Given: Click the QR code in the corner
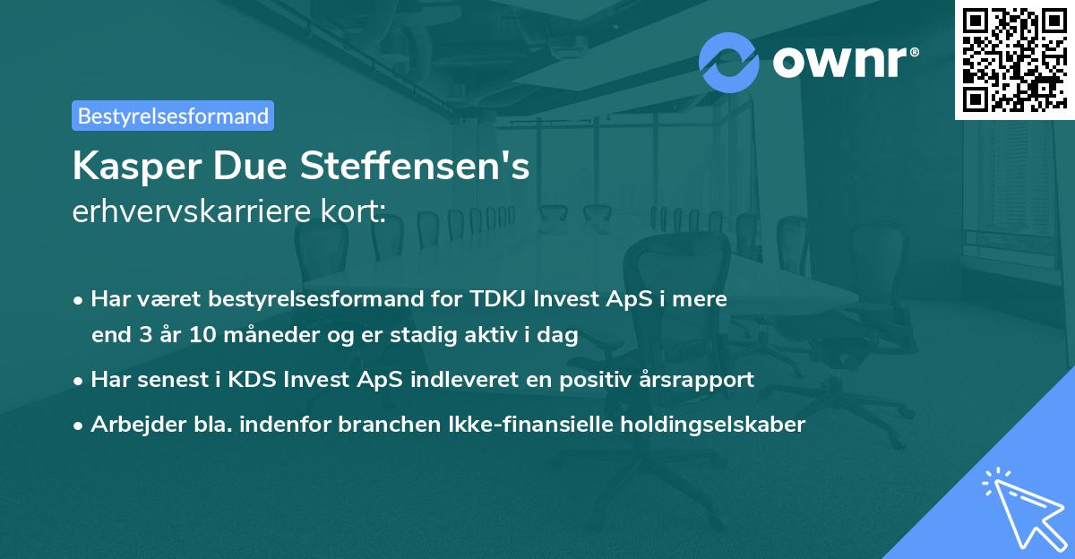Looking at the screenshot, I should tap(1013, 59).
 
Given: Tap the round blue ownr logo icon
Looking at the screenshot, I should tap(729, 63).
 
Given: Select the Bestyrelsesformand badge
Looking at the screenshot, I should tap(173, 116).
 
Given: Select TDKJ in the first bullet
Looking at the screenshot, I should tap(494, 298).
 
